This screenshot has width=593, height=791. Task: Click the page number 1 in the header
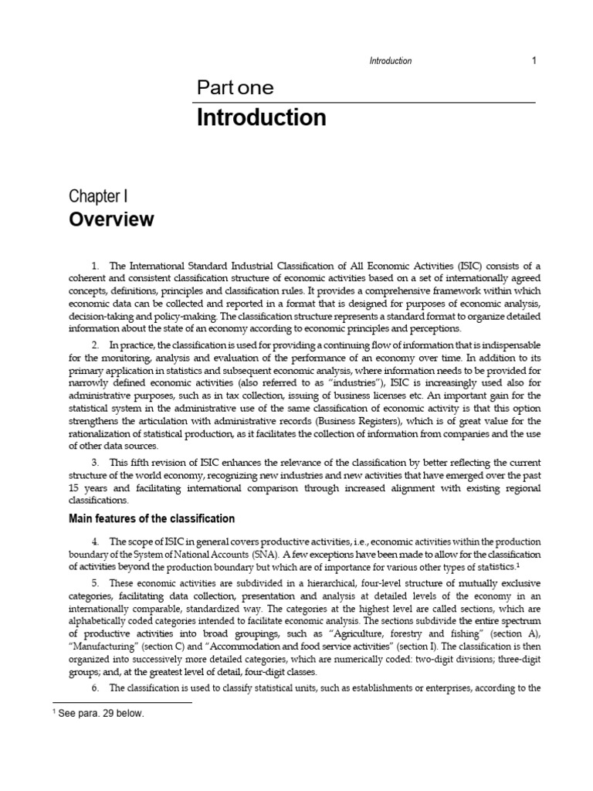533,61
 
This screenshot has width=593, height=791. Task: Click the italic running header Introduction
391,61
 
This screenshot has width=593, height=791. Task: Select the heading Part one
235,88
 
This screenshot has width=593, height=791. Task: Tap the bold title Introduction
261,118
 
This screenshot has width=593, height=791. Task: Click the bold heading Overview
112,219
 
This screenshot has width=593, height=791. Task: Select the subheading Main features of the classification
152,518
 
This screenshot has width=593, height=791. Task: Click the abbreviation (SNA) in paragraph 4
259,554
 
